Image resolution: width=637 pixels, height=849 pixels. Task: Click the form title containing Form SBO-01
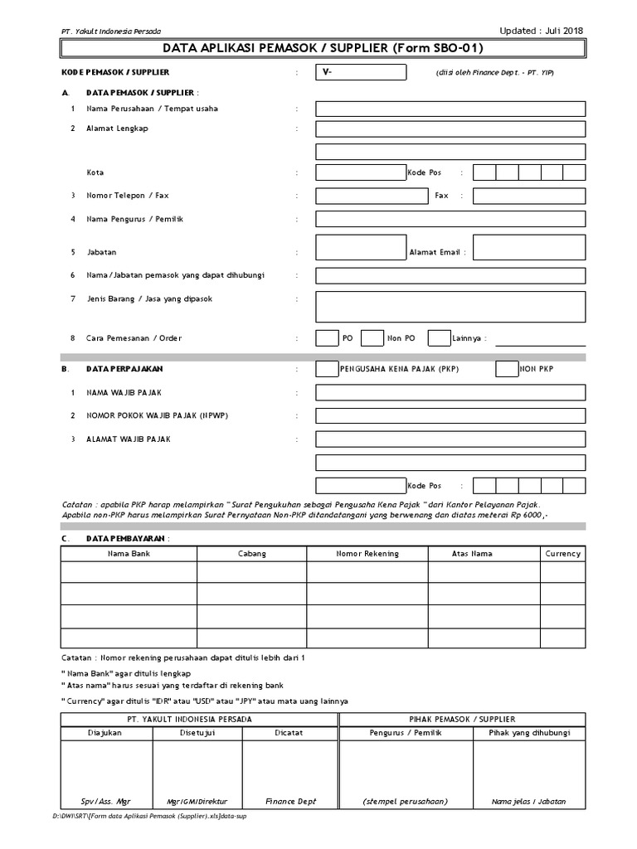(318, 49)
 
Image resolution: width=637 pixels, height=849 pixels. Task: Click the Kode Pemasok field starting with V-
(361, 73)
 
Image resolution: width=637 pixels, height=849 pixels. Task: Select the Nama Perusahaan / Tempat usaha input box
(450, 109)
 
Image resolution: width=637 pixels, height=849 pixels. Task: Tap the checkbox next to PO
(327, 337)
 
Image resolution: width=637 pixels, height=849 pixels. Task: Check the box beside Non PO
(372, 337)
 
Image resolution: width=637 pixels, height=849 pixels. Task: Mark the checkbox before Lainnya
(439, 337)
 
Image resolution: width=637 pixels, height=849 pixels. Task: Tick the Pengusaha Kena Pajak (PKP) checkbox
(327, 369)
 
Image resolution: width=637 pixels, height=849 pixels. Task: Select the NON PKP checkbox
(506, 369)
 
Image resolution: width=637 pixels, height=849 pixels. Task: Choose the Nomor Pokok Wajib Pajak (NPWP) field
(450, 415)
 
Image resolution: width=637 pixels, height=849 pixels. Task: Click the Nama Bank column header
(129, 554)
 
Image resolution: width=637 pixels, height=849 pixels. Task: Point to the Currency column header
(562, 554)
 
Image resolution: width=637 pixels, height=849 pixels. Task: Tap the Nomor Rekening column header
(367, 554)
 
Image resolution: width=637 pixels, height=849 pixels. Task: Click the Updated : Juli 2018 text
(541, 31)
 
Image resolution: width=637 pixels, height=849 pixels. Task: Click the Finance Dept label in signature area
(290, 802)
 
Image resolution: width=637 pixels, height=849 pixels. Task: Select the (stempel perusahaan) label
(406, 802)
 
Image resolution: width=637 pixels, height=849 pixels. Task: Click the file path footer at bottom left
(149, 817)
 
